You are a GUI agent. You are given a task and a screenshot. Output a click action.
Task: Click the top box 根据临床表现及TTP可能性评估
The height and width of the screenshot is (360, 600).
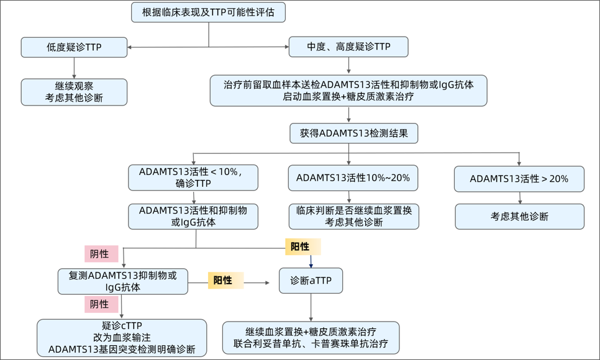[x=209, y=12]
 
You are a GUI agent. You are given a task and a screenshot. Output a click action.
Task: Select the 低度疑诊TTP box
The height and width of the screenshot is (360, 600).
[x=74, y=47]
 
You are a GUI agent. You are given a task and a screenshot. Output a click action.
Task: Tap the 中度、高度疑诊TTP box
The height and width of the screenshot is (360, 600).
[x=348, y=47]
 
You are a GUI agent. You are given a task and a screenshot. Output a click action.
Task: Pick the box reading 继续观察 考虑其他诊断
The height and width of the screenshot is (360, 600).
[x=74, y=91]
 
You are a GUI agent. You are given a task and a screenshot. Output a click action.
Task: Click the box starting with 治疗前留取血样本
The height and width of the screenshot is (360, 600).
[x=348, y=91]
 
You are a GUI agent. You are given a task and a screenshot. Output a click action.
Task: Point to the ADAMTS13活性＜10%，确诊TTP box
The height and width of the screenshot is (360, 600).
[x=193, y=178]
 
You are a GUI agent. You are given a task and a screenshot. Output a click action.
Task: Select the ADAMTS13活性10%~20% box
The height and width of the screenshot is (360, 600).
[x=353, y=178]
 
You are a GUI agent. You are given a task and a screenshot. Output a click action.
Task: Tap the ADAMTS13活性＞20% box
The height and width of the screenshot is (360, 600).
[x=519, y=179]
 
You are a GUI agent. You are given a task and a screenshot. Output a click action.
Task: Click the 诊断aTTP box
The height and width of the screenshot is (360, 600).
[x=311, y=281]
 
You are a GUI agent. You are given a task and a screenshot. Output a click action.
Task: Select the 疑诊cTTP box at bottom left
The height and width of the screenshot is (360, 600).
[x=122, y=338]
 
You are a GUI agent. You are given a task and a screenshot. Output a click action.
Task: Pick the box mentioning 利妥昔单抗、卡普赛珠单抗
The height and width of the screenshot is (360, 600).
[x=311, y=338]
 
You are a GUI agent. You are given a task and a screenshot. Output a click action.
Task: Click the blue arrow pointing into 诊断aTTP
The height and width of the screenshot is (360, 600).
[x=311, y=261]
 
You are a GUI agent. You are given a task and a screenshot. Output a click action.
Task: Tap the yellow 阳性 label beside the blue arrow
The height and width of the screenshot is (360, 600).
[x=302, y=247]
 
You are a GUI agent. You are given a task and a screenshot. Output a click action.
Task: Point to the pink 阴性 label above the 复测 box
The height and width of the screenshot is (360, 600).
[x=99, y=253]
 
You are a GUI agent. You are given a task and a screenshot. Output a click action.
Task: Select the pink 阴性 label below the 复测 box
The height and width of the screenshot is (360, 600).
[x=99, y=304]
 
